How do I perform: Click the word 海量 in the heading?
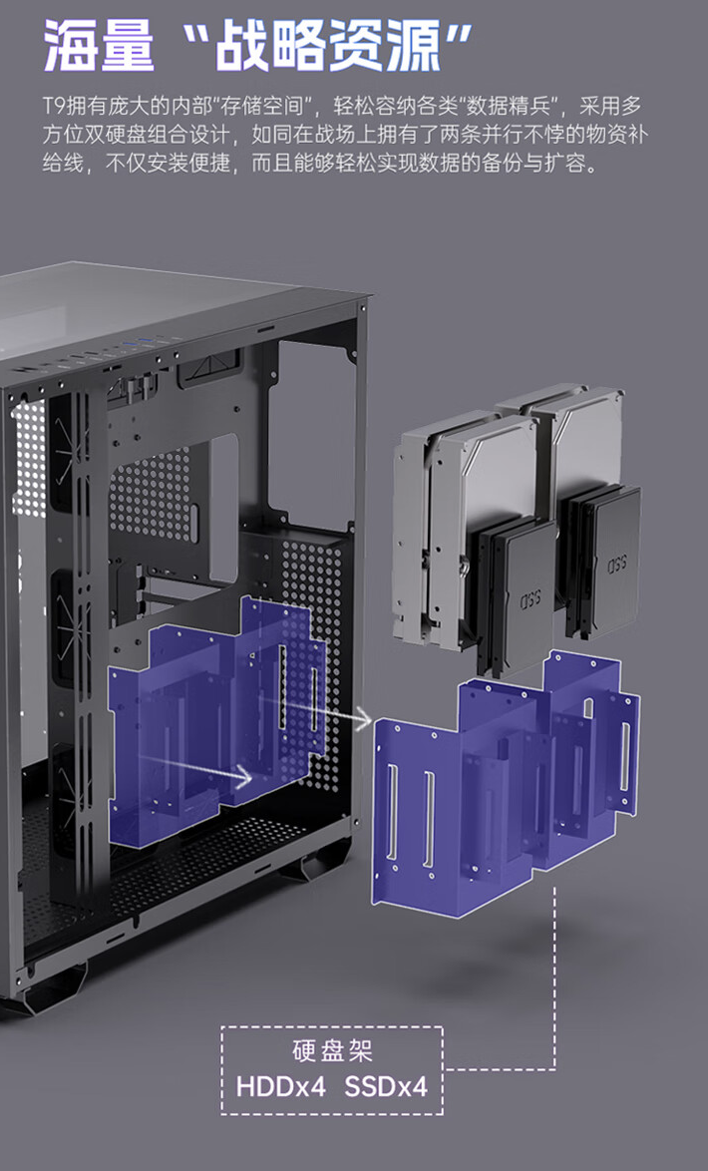coord(100,45)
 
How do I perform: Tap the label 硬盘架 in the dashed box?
coord(332,1050)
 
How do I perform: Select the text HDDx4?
coord(281,1086)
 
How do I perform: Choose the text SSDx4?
coord(386,1086)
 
